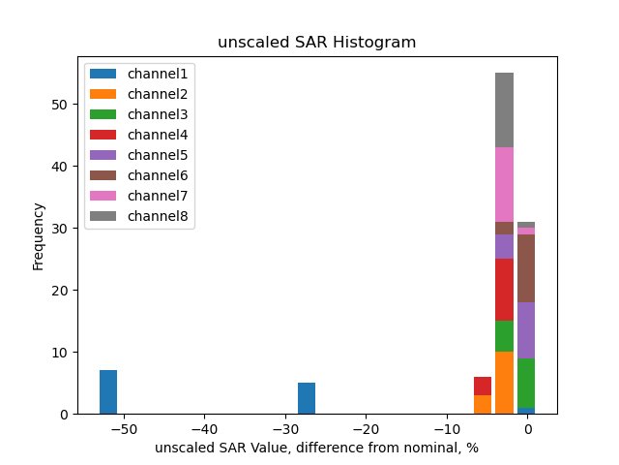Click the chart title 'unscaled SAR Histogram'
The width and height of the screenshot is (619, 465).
pos(316,43)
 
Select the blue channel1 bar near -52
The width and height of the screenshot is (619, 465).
pos(108,391)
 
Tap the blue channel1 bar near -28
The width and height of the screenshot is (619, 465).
pos(307,398)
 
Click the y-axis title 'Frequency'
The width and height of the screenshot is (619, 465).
pos(39,235)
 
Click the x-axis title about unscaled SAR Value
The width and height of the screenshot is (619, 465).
pos(316,448)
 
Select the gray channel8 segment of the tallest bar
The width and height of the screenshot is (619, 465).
pos(504,109)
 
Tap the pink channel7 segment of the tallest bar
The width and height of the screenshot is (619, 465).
pos(504,184)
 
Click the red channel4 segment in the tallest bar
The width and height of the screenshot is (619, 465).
pos(504,290)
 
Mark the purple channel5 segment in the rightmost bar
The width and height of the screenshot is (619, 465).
pos(525,329)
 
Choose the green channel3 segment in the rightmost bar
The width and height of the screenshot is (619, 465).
pos(525,383)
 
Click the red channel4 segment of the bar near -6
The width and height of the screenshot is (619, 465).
pos(483,386)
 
